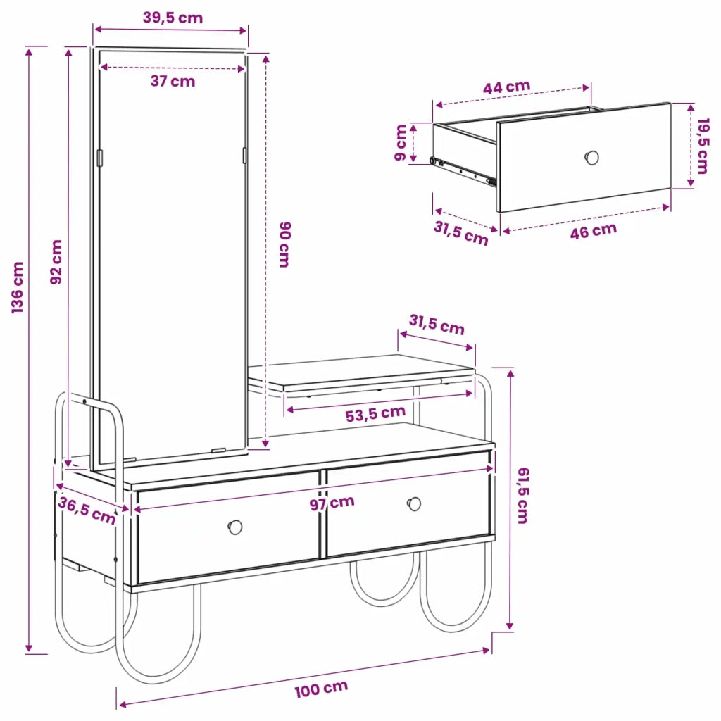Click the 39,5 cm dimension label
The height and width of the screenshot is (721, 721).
coord(173,18)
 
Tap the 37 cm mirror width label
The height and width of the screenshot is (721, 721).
coord(173,81)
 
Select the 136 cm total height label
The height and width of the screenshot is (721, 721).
coord(18,287)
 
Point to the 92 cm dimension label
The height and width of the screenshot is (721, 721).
coord(56,262)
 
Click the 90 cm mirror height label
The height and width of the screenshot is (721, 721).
coord(285,244)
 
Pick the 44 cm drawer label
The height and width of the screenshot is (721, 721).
coord(506,87)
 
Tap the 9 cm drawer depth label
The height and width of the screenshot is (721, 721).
coord(401,142)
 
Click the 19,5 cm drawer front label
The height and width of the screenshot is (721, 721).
coord(703,146)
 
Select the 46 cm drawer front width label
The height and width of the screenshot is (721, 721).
coord(593,230)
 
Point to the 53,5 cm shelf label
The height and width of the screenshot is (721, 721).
coord(375,413)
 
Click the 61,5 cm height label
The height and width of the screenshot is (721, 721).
coord(523,496)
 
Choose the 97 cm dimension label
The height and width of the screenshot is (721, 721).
coord(332,503)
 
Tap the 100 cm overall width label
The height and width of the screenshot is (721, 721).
coord(321,689)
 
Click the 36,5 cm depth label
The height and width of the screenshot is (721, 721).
coord(87,510)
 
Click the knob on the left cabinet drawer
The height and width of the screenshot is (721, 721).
coord(235,527)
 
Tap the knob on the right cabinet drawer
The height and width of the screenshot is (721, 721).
coord(414,504)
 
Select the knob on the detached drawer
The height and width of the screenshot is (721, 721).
coord(591,158)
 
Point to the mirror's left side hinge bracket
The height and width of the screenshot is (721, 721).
coord(100,158)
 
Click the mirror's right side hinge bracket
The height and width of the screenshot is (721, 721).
coord(244,156)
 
